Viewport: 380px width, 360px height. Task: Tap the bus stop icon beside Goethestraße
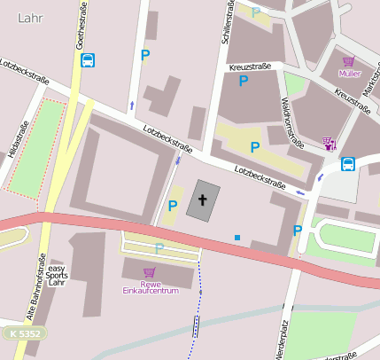point(88,60)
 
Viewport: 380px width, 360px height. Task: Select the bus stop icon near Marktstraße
point(348,164)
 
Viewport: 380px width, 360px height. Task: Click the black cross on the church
point(203,200)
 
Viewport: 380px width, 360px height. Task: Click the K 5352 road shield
point(25,333)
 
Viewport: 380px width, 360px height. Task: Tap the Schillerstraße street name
point(227,24)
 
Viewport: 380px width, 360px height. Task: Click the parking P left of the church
point(173,206)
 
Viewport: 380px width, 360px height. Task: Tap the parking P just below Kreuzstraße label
point(243,82)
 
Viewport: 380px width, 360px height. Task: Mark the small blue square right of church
point(237,237)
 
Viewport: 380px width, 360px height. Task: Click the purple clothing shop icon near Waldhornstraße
point(330,142)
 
